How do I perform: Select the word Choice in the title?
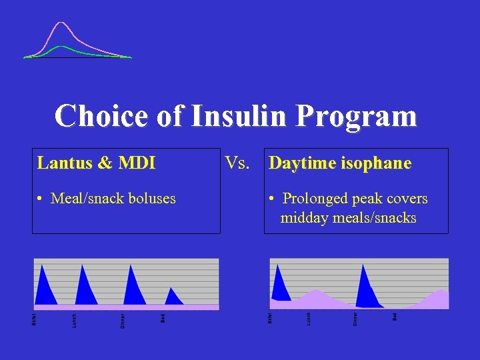(101, 115)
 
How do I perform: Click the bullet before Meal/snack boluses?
(41, 199)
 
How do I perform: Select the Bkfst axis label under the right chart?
(269, 319)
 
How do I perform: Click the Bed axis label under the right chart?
(395, 317)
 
